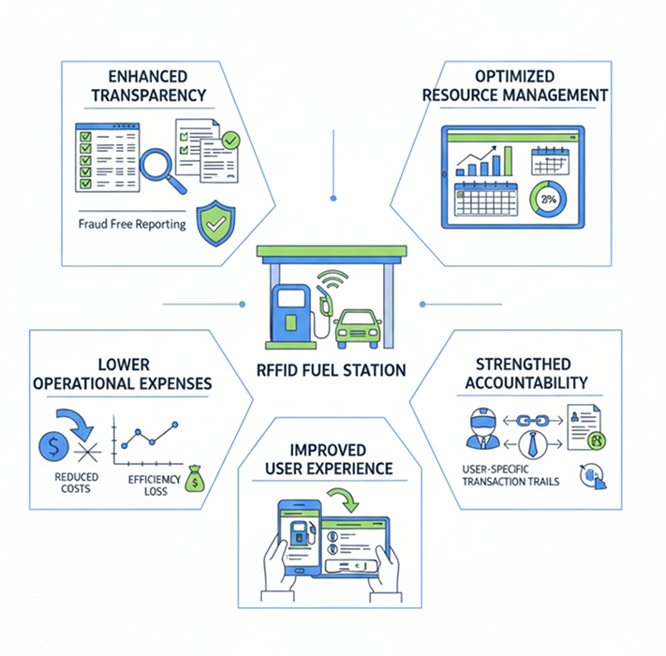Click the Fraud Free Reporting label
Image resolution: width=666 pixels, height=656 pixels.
coord(131,225)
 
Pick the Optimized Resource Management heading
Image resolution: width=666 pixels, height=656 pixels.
coord(514,85)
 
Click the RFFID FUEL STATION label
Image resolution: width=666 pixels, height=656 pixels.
coord(333,369)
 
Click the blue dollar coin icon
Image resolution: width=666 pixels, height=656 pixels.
coord(55,444)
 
